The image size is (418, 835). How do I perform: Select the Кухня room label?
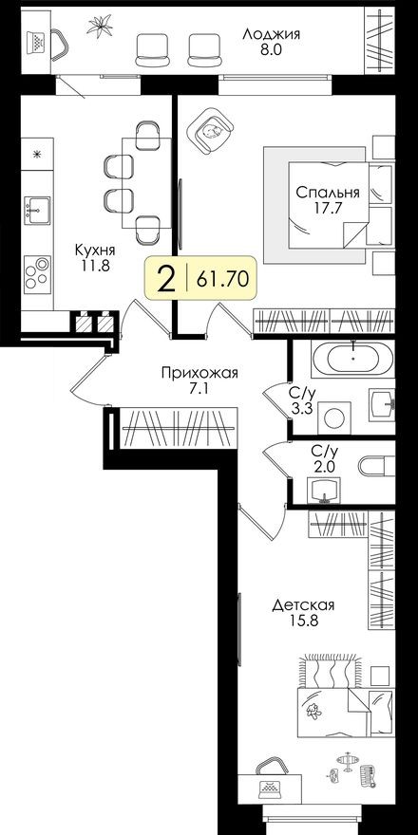click(x=96, y=250)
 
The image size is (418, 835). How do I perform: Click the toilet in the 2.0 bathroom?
click(x=375, y=467)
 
